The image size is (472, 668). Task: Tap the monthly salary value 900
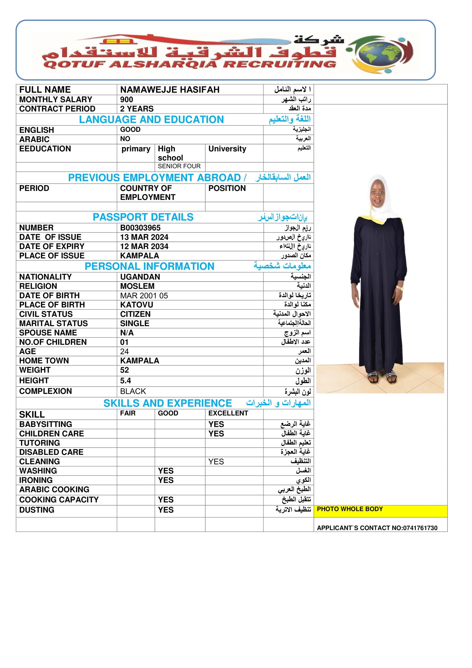127,99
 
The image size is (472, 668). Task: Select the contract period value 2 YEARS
137,109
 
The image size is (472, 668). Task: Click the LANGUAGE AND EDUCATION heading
151,120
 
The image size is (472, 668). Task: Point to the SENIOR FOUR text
179,166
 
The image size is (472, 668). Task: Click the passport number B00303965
140,228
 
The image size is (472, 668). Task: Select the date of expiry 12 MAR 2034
144,246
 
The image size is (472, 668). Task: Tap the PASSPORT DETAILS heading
143,217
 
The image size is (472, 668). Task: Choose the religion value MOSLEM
137,286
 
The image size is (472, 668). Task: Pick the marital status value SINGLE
135,324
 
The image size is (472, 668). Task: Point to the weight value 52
124,370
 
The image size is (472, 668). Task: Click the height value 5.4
125,381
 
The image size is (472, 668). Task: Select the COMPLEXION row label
45,391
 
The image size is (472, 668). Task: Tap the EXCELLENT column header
228,413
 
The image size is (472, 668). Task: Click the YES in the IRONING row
165,480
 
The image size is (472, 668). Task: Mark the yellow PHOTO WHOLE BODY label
350,509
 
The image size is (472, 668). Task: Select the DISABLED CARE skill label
51,452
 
